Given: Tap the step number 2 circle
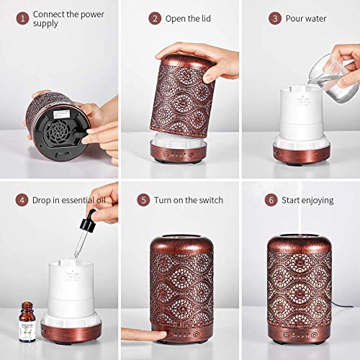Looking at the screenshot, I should coord(154,18).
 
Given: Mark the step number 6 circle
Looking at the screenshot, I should coord(272,199).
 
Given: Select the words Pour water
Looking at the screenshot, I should coord(307,18).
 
